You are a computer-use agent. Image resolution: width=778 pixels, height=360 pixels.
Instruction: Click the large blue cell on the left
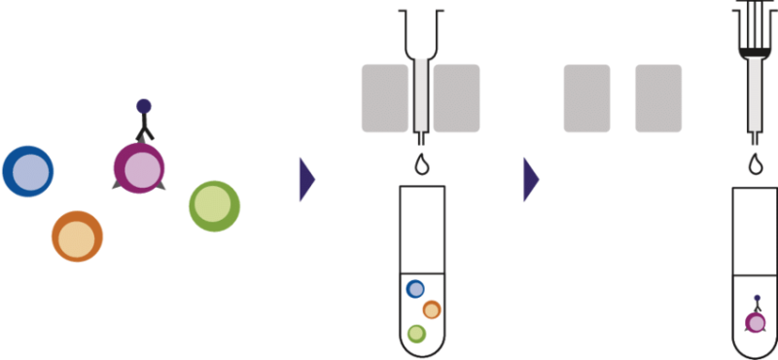click(27, 172)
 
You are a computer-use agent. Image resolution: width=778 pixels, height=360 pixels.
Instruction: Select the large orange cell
click(77, 235)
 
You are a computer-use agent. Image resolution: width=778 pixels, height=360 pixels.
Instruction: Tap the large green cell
click(213, 205)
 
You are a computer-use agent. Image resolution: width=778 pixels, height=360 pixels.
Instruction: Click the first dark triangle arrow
click(307, 180)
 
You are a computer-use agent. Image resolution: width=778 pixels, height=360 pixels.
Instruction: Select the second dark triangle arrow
click(530, 180)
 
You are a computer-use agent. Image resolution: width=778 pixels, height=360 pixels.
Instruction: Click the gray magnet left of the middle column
click(384, 97)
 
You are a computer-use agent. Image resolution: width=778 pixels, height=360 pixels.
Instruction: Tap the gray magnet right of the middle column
click(456, 97)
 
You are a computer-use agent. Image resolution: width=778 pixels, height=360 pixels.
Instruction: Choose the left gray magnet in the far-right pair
click(586, 97)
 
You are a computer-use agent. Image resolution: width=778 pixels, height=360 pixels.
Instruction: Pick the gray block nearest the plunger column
click(658, 97)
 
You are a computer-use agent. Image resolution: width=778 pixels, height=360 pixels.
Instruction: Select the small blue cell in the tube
click(415, 289)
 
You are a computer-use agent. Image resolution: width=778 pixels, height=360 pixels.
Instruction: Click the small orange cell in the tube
click(432, 309)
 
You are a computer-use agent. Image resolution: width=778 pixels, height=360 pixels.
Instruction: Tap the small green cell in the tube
click(416, 334)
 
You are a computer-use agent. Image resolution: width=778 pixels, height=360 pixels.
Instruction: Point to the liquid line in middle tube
click(422, 273)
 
